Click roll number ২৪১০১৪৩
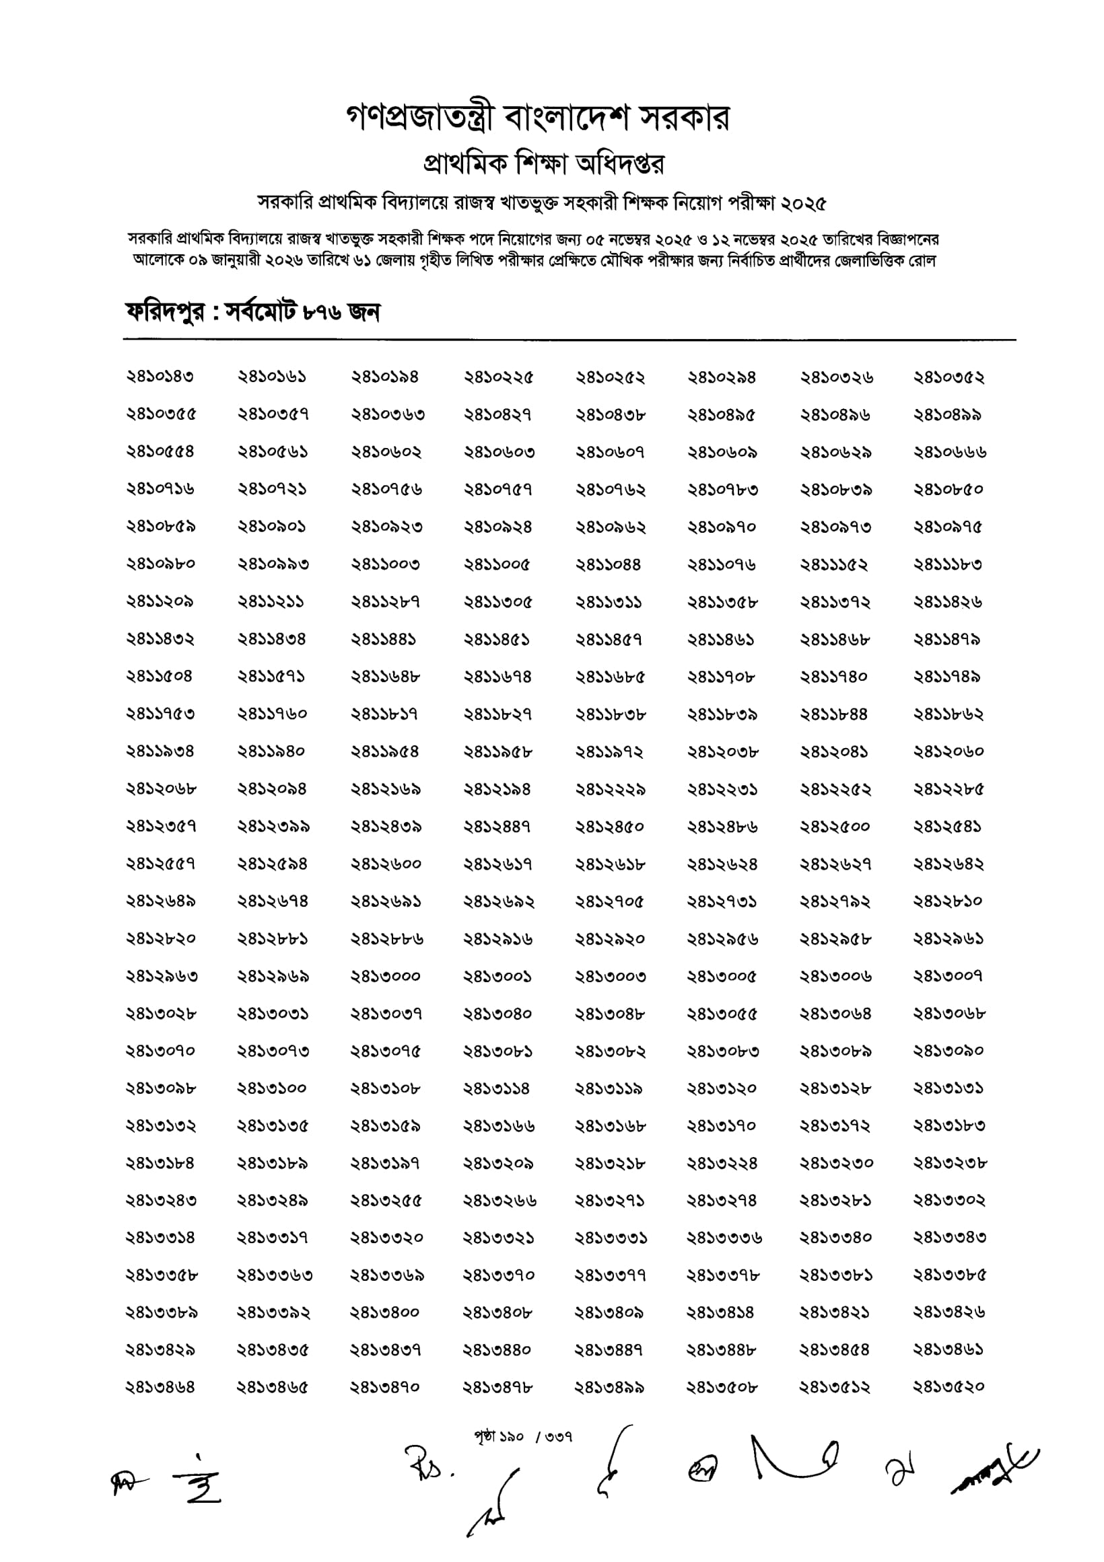160,377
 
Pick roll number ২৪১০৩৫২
948,377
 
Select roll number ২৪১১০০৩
385,564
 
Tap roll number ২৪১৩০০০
385,976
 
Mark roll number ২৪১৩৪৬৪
160,1387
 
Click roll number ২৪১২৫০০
835,827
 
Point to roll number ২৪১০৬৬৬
949,453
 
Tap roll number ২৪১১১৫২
834,564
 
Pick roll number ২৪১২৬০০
385,864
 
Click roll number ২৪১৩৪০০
385,1312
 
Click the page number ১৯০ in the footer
510,1437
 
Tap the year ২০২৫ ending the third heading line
803,202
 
